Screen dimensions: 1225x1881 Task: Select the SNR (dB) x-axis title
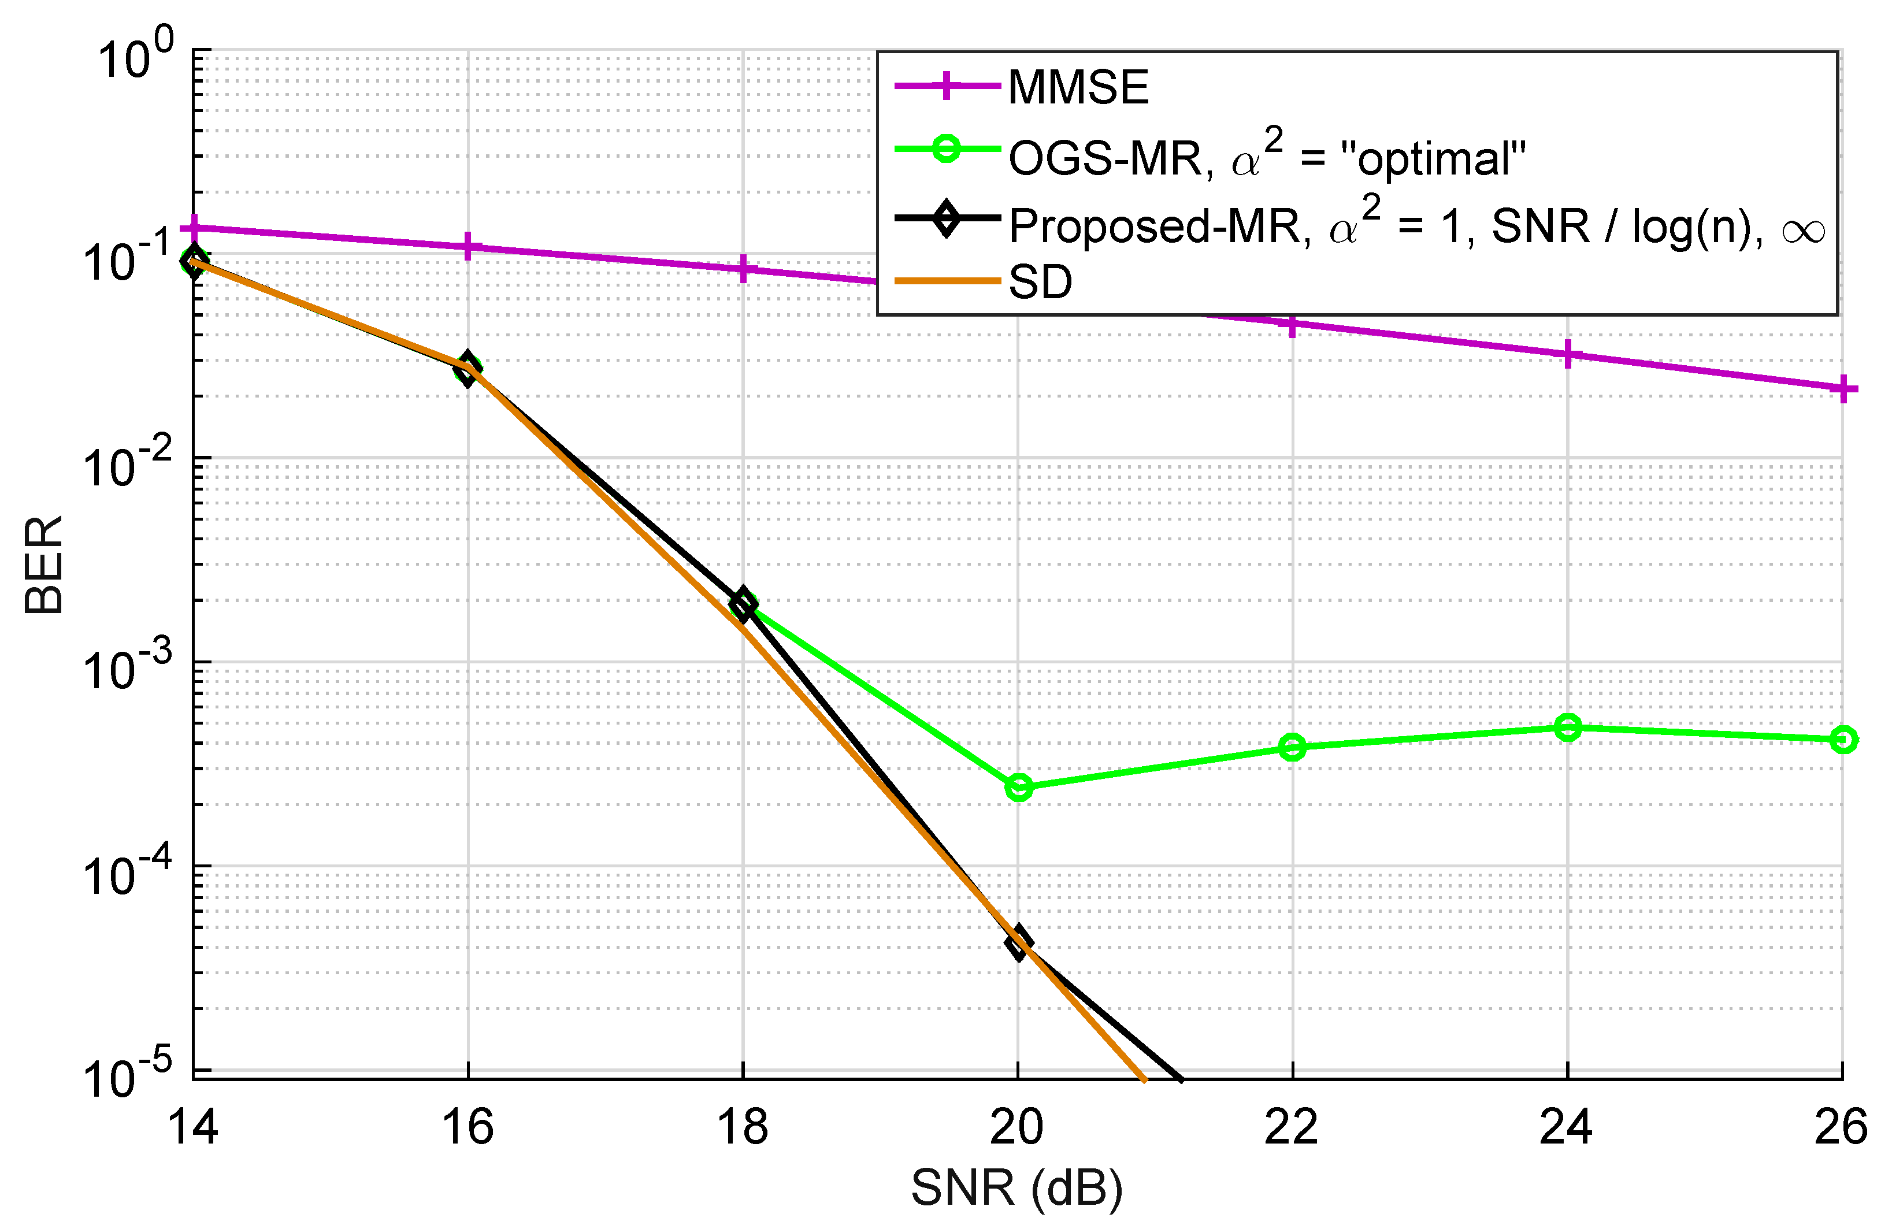tap(1016, 1188)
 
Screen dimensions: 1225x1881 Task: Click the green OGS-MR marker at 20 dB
tap(1019, 787)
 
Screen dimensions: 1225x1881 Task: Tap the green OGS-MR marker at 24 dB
tap(1567, 727)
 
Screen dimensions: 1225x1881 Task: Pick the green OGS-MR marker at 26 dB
tap(1843, 740)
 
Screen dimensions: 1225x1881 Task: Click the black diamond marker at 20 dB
tap(1018, 943)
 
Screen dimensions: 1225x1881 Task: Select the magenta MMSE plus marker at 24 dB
tap(1567, 355)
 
